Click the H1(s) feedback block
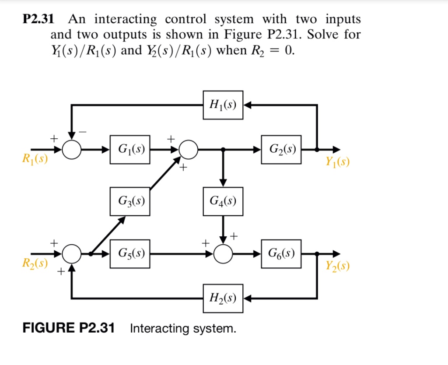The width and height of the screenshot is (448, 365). point(223,105)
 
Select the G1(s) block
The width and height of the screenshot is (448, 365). point(129,150)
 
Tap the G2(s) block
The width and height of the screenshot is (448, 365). point(281,150)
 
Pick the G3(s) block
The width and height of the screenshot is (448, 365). point(129,201)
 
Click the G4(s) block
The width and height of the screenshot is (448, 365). point(223,201)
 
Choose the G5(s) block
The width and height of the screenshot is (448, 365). point(129,253)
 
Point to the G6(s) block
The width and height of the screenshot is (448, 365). point(281,253)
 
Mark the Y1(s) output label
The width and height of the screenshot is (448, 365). point(337,163)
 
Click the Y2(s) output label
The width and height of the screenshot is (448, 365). point(337,266)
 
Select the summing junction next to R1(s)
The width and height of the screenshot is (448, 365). point(71,150)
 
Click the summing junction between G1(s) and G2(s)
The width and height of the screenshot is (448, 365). point(189,150)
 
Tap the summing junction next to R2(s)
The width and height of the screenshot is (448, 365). point(71,253)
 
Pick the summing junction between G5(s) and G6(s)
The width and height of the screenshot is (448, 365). point(223,253)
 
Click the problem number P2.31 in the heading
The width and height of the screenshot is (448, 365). point(38,20)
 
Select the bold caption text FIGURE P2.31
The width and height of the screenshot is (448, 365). point(69,328)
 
